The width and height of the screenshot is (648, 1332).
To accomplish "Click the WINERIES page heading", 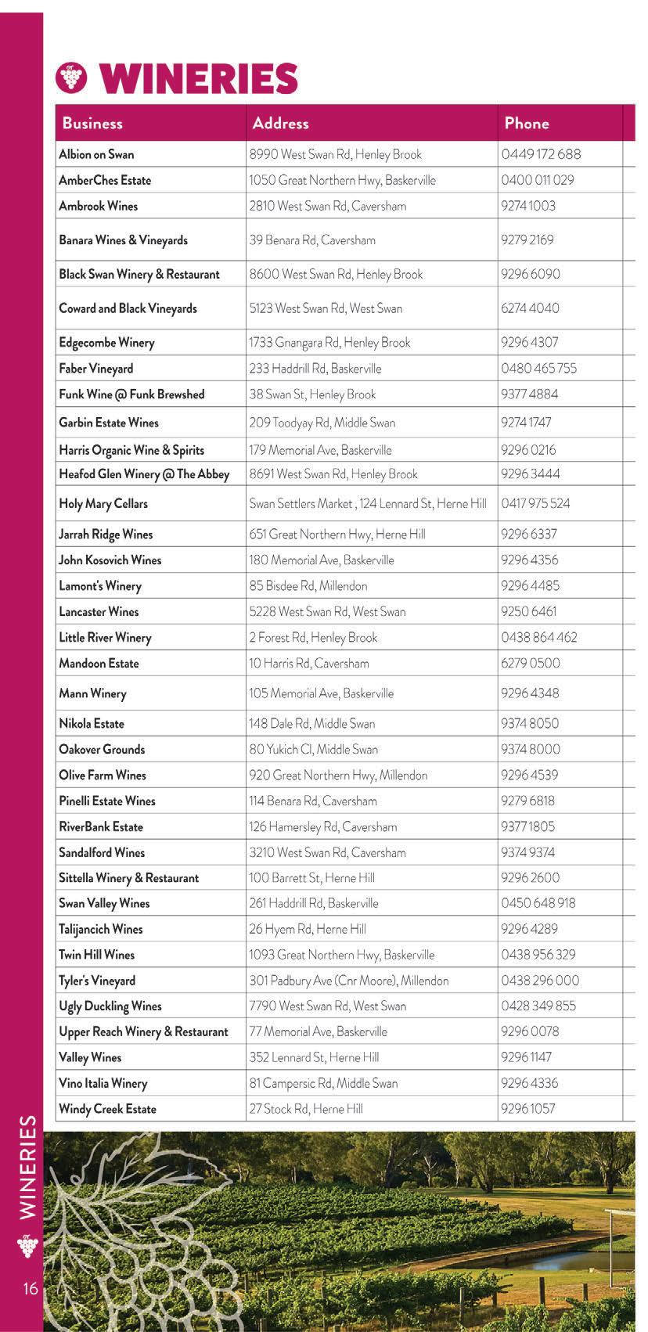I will click(x=200, y=79).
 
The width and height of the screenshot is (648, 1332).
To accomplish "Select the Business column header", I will click(x=92, y=123).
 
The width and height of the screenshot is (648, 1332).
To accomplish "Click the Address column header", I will click(x=280, y=123).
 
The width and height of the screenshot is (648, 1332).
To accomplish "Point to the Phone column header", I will click(x=526, y=123).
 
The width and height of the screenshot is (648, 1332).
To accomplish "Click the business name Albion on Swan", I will click(x=96, y=154).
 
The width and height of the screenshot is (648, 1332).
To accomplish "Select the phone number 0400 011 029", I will click(x=537, y=180).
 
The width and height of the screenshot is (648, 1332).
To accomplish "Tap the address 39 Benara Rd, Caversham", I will click(x=312, y=240).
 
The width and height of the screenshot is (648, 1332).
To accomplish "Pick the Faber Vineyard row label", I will click(x=96, y=369).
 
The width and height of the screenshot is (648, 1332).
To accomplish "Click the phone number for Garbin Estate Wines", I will click(x=526, y=423).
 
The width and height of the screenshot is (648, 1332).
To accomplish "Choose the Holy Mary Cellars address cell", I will click(x=367, y=504).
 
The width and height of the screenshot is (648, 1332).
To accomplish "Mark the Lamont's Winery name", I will click(x=100, y=586).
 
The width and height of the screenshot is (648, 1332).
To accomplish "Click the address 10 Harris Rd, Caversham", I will click(x=309, y=664).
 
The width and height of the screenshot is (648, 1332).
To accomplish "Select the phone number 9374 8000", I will click(x=531, y=749).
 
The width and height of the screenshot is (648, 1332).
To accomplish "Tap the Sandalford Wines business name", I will click(x=102, y=852).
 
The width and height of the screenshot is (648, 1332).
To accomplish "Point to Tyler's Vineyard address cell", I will click(x=348, y=981).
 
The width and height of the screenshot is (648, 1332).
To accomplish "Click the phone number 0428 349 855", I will click(x=538, y=1006).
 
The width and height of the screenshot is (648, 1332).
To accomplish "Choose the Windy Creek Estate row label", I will click(x=107, y=1109).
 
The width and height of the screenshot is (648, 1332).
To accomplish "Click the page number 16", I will click(x=31, y=1288).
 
